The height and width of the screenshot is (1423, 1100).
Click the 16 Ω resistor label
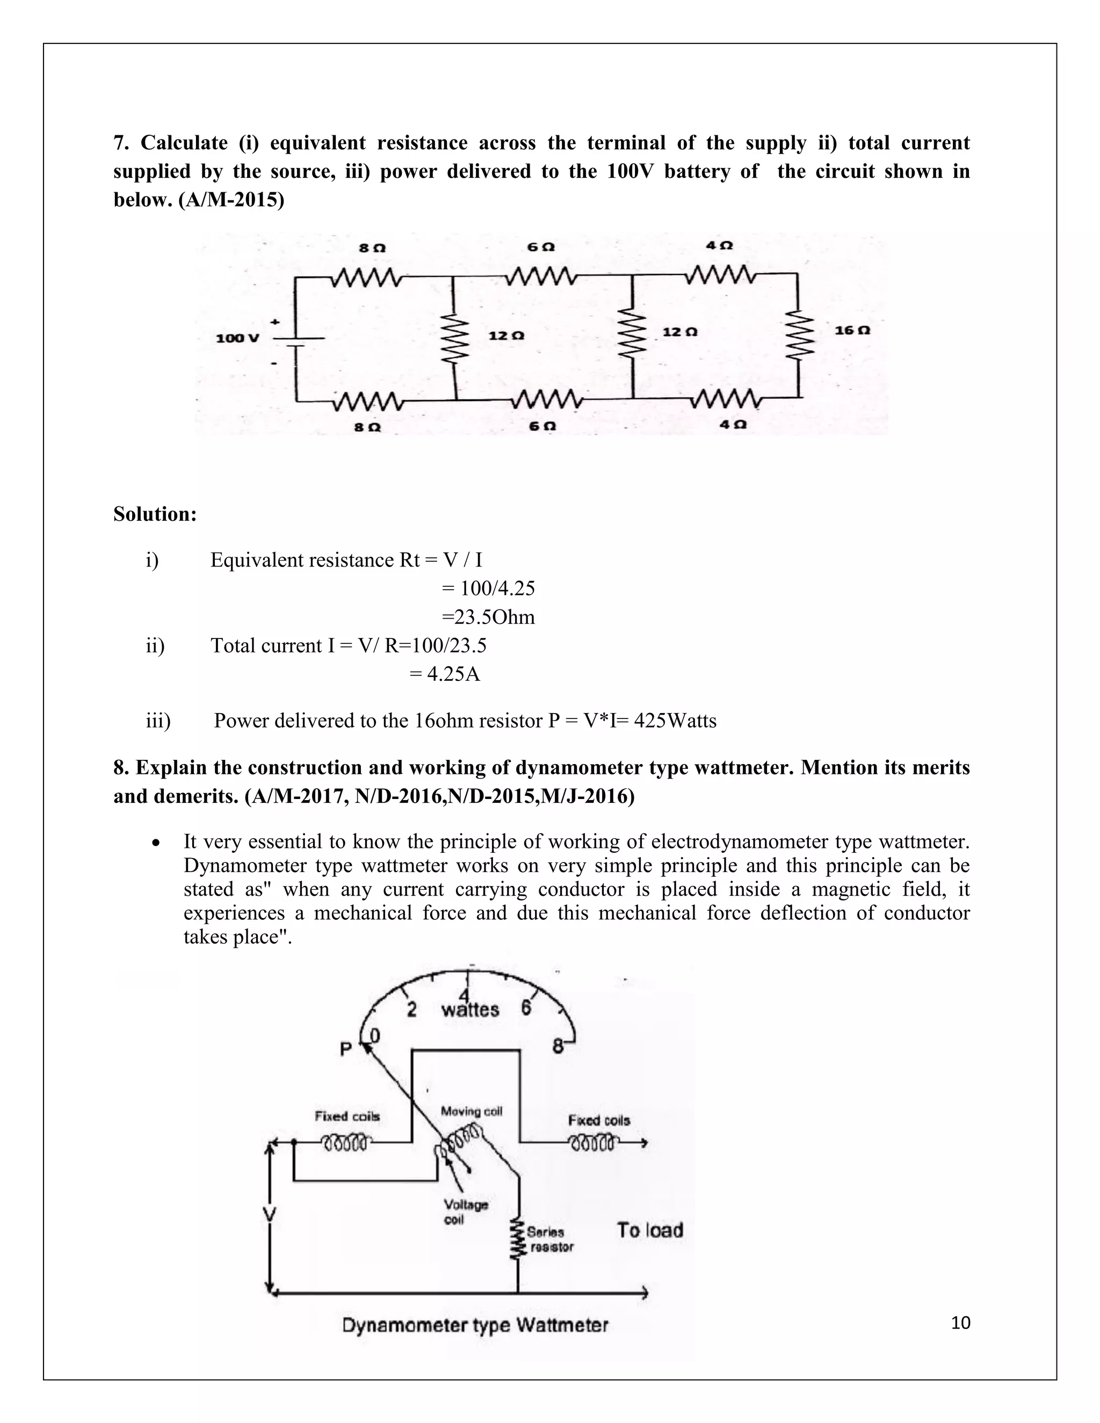click(852, 330)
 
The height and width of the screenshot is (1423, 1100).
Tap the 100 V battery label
click(237, 338)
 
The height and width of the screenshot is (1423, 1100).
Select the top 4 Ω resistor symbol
click(720, 275)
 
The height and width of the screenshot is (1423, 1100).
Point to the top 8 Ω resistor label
click(372, 248)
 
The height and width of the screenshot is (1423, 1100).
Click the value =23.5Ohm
click(488, 617)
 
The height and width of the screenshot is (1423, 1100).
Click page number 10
click(960, 1323)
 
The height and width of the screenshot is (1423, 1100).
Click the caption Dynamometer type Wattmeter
click(475, 1325)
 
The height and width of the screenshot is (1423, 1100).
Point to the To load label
click(650, 1230)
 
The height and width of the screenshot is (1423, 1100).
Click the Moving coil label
click(471, 1111)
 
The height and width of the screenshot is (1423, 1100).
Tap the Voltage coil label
click(465, 1211)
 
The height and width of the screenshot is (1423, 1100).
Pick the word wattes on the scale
click(470, 1010)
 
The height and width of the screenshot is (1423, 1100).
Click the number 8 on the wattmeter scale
click(558, 1047)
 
